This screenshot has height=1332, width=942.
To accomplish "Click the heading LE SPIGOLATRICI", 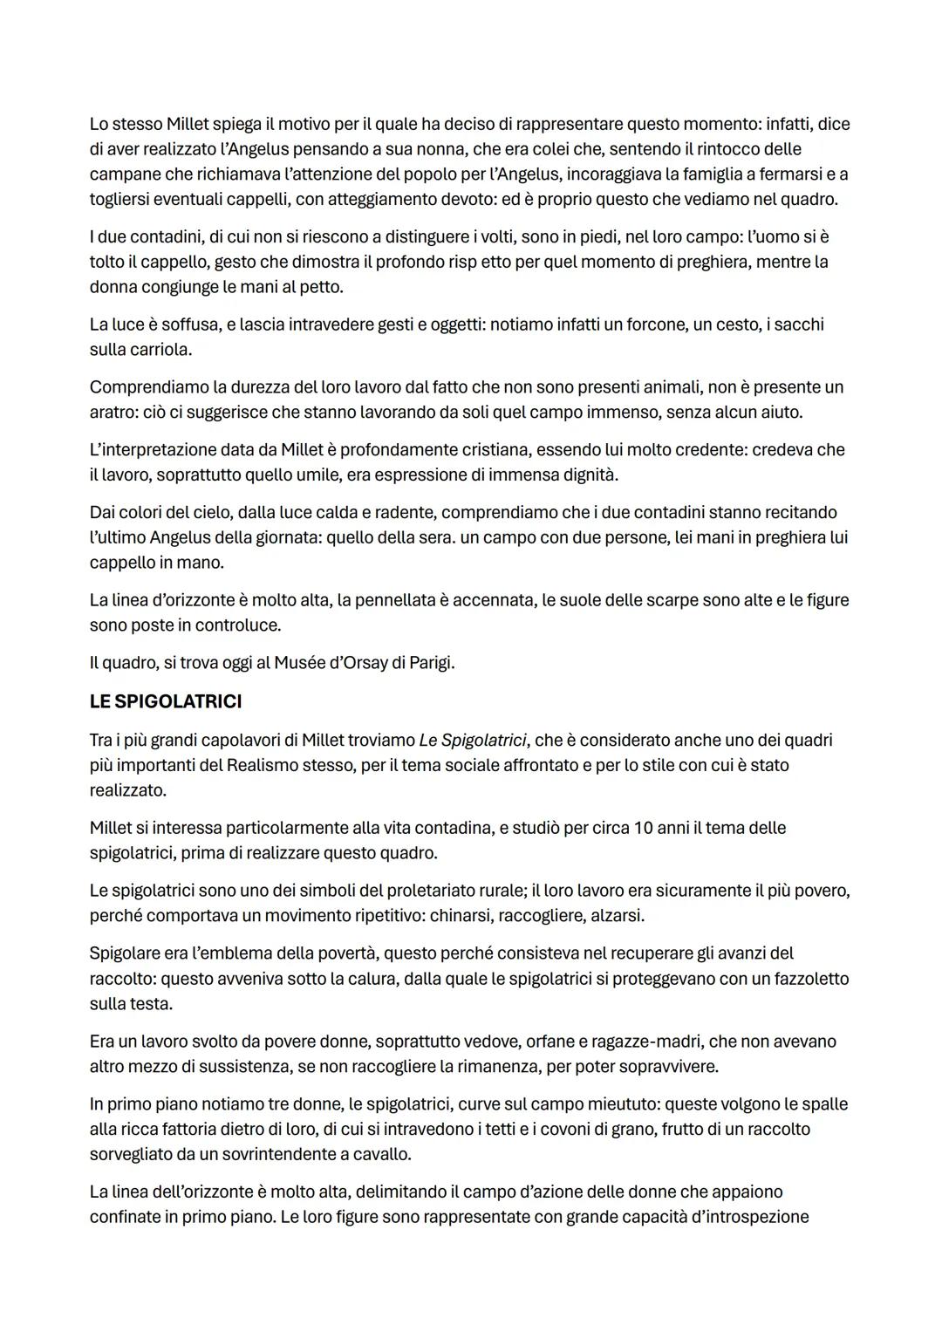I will tap(166, 701).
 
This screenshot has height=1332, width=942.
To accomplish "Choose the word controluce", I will tap(235, 625).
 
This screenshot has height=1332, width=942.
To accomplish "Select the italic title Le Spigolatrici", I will tap(473, 741).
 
